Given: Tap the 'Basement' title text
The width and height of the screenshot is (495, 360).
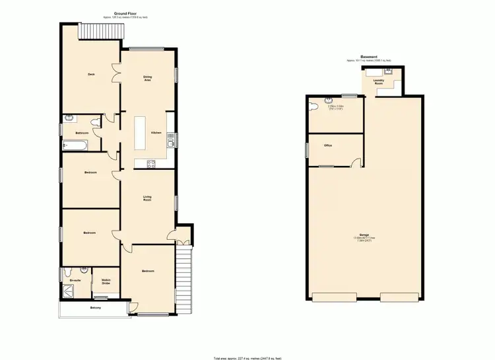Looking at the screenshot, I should coord(369,57).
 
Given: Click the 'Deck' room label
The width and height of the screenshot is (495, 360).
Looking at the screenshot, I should coord(91,74).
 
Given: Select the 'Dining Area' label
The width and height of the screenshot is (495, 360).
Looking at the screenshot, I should coord(148,79).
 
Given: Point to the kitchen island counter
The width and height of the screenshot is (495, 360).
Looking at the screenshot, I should coord(140,132).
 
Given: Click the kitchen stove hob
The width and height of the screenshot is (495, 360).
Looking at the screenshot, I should coord(150,163).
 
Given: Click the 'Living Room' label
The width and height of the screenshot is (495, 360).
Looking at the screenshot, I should coord(147,198).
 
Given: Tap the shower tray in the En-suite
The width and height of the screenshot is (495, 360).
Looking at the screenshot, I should coord(69,289).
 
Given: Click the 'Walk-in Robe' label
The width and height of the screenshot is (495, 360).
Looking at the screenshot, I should coord(106,282).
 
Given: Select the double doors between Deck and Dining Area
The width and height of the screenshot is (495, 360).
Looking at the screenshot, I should coord(119,75).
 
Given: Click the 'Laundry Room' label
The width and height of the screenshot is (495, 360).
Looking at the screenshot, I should coord(379,82).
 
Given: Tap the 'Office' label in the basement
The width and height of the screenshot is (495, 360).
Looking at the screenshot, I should coord(327,145).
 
